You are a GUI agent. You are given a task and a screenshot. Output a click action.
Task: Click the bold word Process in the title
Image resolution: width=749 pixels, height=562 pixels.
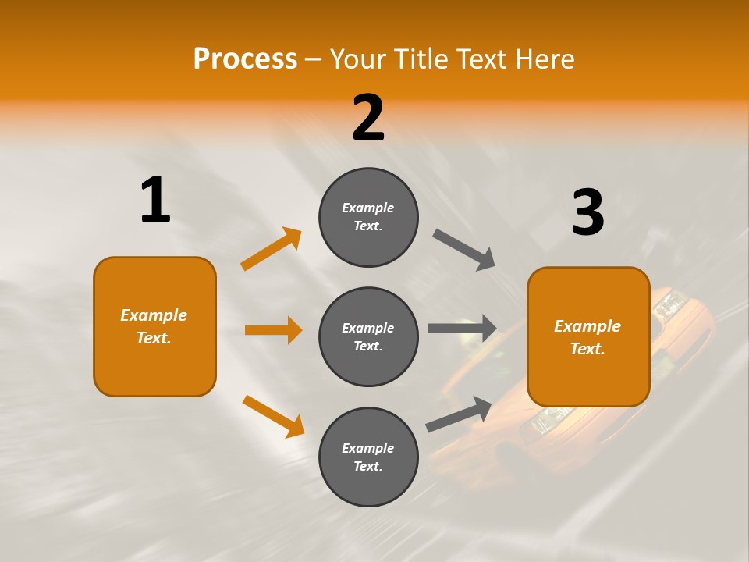point(245,59)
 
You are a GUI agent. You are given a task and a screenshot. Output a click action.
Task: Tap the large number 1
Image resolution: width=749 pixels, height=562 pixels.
point(155,200)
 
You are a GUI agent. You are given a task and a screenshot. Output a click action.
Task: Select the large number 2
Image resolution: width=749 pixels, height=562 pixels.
point(368,118)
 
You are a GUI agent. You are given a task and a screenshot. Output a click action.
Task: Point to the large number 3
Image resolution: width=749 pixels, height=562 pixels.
point(587,212)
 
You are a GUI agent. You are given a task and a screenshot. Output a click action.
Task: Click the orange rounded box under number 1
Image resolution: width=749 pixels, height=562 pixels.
point(154,326)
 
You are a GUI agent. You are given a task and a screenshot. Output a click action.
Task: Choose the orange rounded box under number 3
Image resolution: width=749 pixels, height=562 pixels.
point(588,337)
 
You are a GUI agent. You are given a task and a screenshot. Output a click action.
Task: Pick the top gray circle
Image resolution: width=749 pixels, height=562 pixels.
point(368,217)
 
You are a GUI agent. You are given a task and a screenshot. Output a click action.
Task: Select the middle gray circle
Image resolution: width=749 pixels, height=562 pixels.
point(368,337)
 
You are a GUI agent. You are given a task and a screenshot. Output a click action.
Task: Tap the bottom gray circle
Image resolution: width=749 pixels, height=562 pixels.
point(368,457)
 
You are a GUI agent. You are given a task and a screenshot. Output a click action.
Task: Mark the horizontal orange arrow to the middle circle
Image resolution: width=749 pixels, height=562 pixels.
point(273,330)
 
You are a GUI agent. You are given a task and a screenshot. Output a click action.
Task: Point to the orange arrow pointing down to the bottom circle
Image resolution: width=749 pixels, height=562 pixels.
point(273,416)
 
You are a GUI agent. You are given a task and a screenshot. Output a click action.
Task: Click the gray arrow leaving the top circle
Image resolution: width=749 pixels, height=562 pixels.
point(464,250)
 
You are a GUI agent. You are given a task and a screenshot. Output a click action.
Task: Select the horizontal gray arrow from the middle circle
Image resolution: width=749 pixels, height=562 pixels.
point(462,329)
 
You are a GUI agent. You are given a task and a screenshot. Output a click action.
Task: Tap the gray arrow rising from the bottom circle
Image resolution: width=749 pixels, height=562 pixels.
point(459,414)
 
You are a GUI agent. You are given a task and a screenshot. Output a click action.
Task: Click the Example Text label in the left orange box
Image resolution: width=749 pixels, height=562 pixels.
point(154,326)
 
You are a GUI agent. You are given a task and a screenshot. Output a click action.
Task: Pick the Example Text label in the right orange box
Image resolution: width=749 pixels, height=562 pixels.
point(587,337)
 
